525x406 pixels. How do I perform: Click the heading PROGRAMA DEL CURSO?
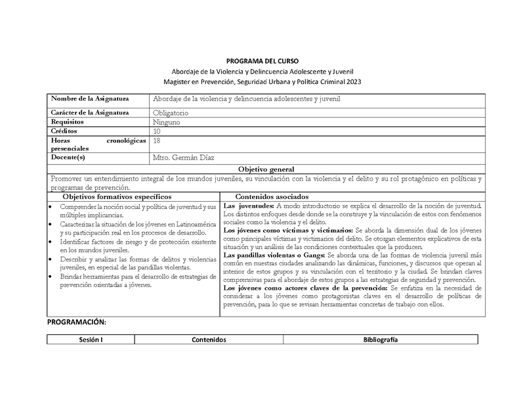pos(262,59)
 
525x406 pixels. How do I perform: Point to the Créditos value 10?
pos(156,131)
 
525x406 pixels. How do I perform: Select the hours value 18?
pos(156,141)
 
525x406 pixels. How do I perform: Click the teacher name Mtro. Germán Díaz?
pos(183,158)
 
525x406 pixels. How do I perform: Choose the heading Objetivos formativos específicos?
pos(117,196)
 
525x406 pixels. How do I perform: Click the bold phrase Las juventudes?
pos(246,206)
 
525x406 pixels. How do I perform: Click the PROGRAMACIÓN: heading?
pos(76,323)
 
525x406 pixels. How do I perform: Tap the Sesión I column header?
pos(91,340)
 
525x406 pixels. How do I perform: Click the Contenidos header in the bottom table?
pos(209,340)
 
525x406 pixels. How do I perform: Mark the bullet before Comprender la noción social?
pos(52,207)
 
